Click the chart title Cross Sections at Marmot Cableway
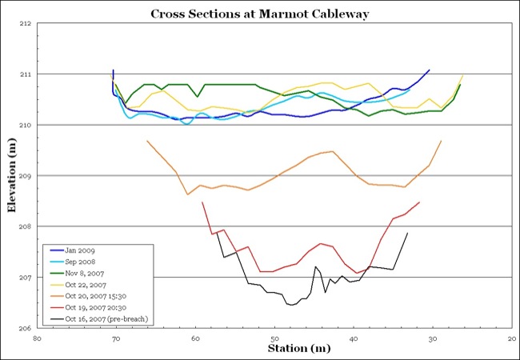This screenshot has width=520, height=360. point(260,14)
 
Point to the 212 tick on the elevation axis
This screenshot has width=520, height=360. point(23,24)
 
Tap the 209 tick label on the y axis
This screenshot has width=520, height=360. point(23,176)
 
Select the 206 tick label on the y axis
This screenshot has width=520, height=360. point(23,328)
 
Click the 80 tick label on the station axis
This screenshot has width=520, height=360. point(37,338)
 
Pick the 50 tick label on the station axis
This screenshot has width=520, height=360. point(274,338)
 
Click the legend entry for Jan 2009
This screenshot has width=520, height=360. point(85,250)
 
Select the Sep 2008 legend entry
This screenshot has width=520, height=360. point(86,262)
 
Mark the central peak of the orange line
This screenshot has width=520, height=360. point(331,150)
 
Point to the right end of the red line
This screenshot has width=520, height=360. point(419,202)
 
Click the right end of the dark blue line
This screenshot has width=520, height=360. point(430,70)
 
